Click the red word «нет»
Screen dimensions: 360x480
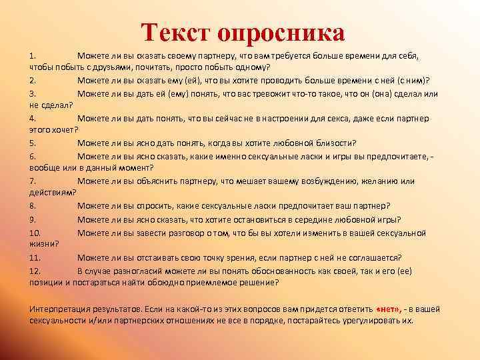(387, 309)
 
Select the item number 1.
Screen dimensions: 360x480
(33, 55)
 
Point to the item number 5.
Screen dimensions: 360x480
(33, 143)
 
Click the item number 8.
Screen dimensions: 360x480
(33, 206)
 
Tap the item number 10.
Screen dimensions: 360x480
(35, 232)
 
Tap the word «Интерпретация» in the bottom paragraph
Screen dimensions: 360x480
(59, 309)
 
